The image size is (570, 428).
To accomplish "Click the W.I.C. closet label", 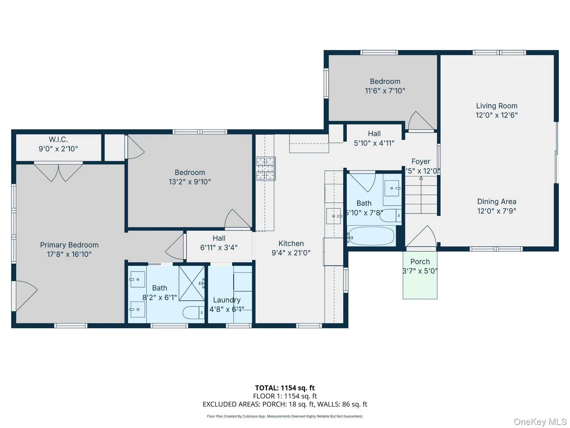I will [58, 139].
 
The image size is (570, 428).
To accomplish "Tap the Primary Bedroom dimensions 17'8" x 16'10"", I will [69, 254].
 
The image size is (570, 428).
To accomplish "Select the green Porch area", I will [420, 281].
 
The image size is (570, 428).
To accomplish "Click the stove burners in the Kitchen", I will [266, 168].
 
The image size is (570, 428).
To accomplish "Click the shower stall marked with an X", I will [191, 283].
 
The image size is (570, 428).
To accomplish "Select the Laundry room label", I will [227, 300].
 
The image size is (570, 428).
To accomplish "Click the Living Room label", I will [497, 106].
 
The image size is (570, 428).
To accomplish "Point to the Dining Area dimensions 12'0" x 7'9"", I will [497, 211].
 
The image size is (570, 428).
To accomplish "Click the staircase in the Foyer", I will [421, 195].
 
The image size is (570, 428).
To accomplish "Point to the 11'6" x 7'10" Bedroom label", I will [385, 86].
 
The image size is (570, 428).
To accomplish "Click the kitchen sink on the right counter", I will [333, 216].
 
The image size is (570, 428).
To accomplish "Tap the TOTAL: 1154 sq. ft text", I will [285, 388].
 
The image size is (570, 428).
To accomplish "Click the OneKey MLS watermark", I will [540, 422].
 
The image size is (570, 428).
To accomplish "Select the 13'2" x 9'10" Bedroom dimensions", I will [190, 182].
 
